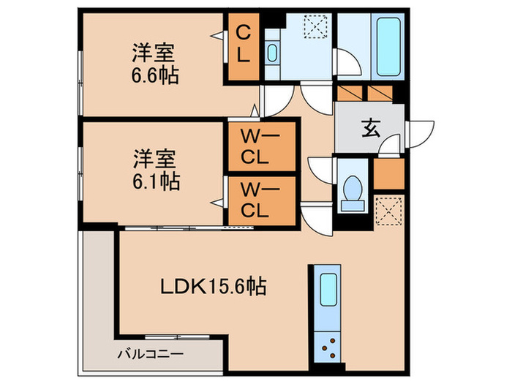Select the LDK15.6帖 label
click(x=213, y=285)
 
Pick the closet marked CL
click(x=243, y=45)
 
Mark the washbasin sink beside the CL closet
click(x=272, y=53)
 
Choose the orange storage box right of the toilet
click(x=388, y=173)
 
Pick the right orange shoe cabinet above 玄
click(x=380, y=93)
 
